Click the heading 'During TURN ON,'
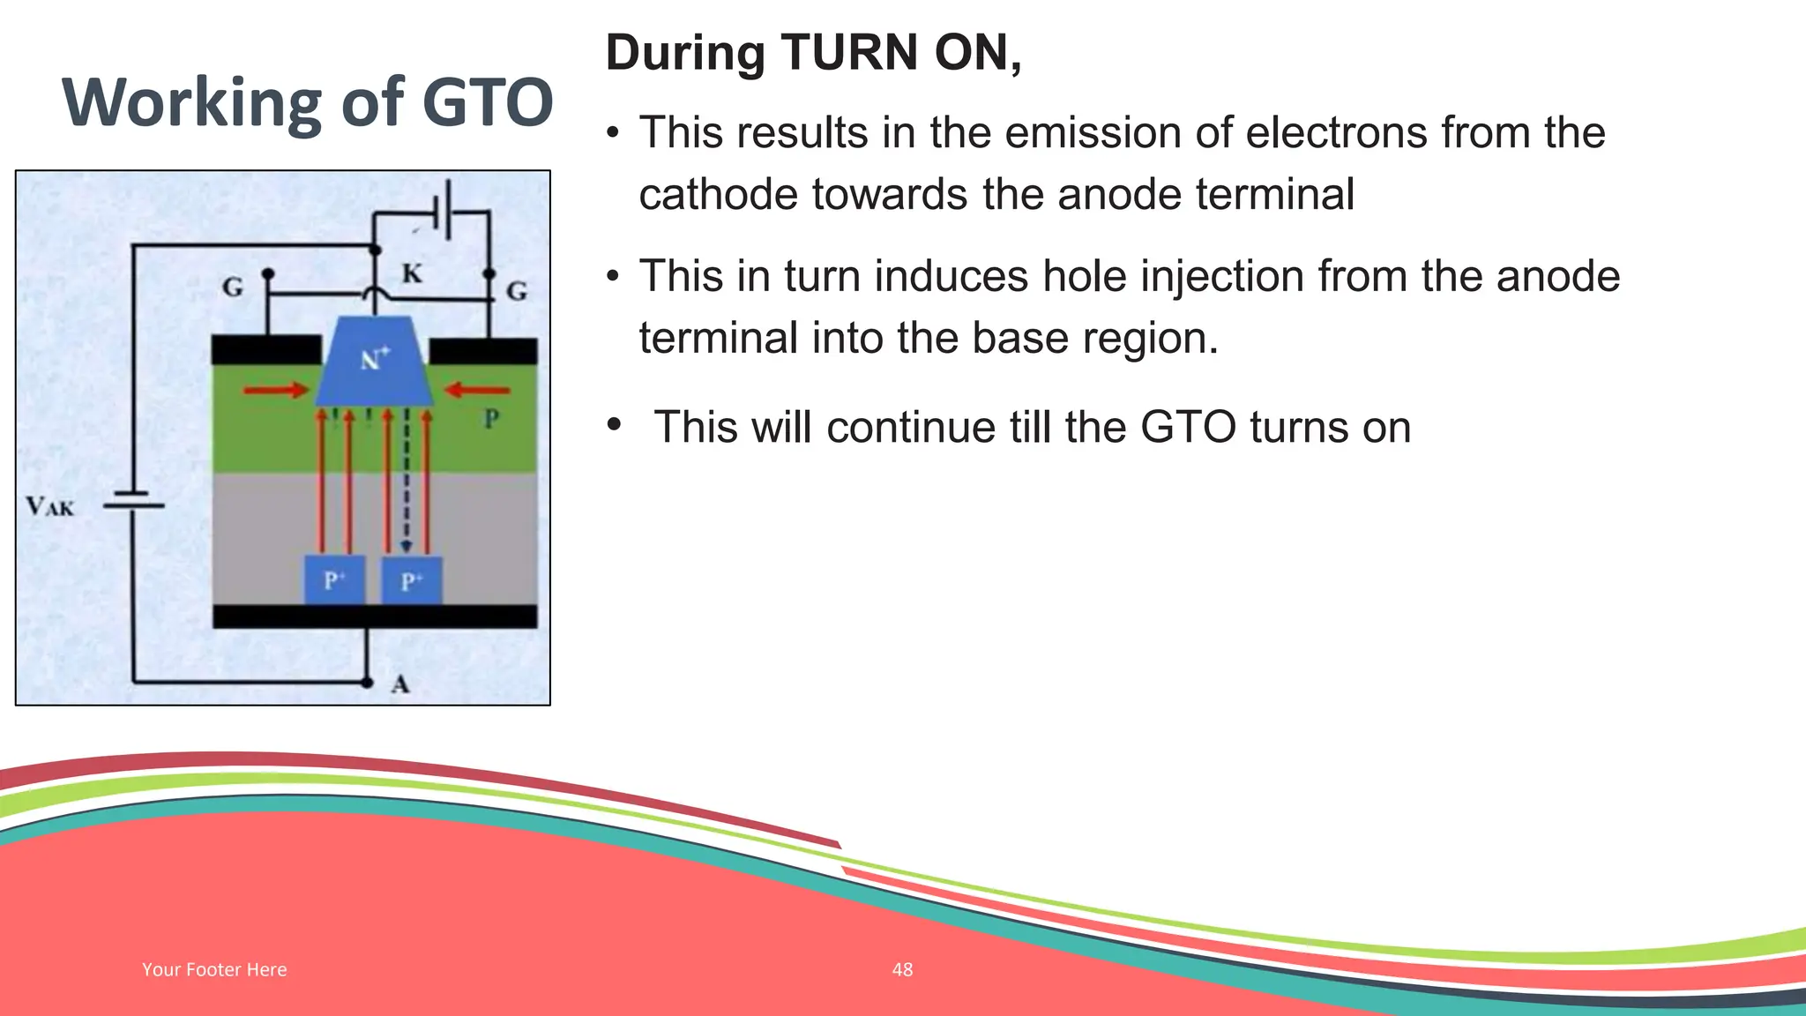813,53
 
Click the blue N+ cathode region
375,362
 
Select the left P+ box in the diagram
334,580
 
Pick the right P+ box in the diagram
411,580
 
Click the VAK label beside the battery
50,506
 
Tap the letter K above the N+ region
412,273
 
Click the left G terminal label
233,287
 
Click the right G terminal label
518,290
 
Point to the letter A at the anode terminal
400,684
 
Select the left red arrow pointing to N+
275,390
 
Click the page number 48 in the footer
902,969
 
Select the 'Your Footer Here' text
214,969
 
